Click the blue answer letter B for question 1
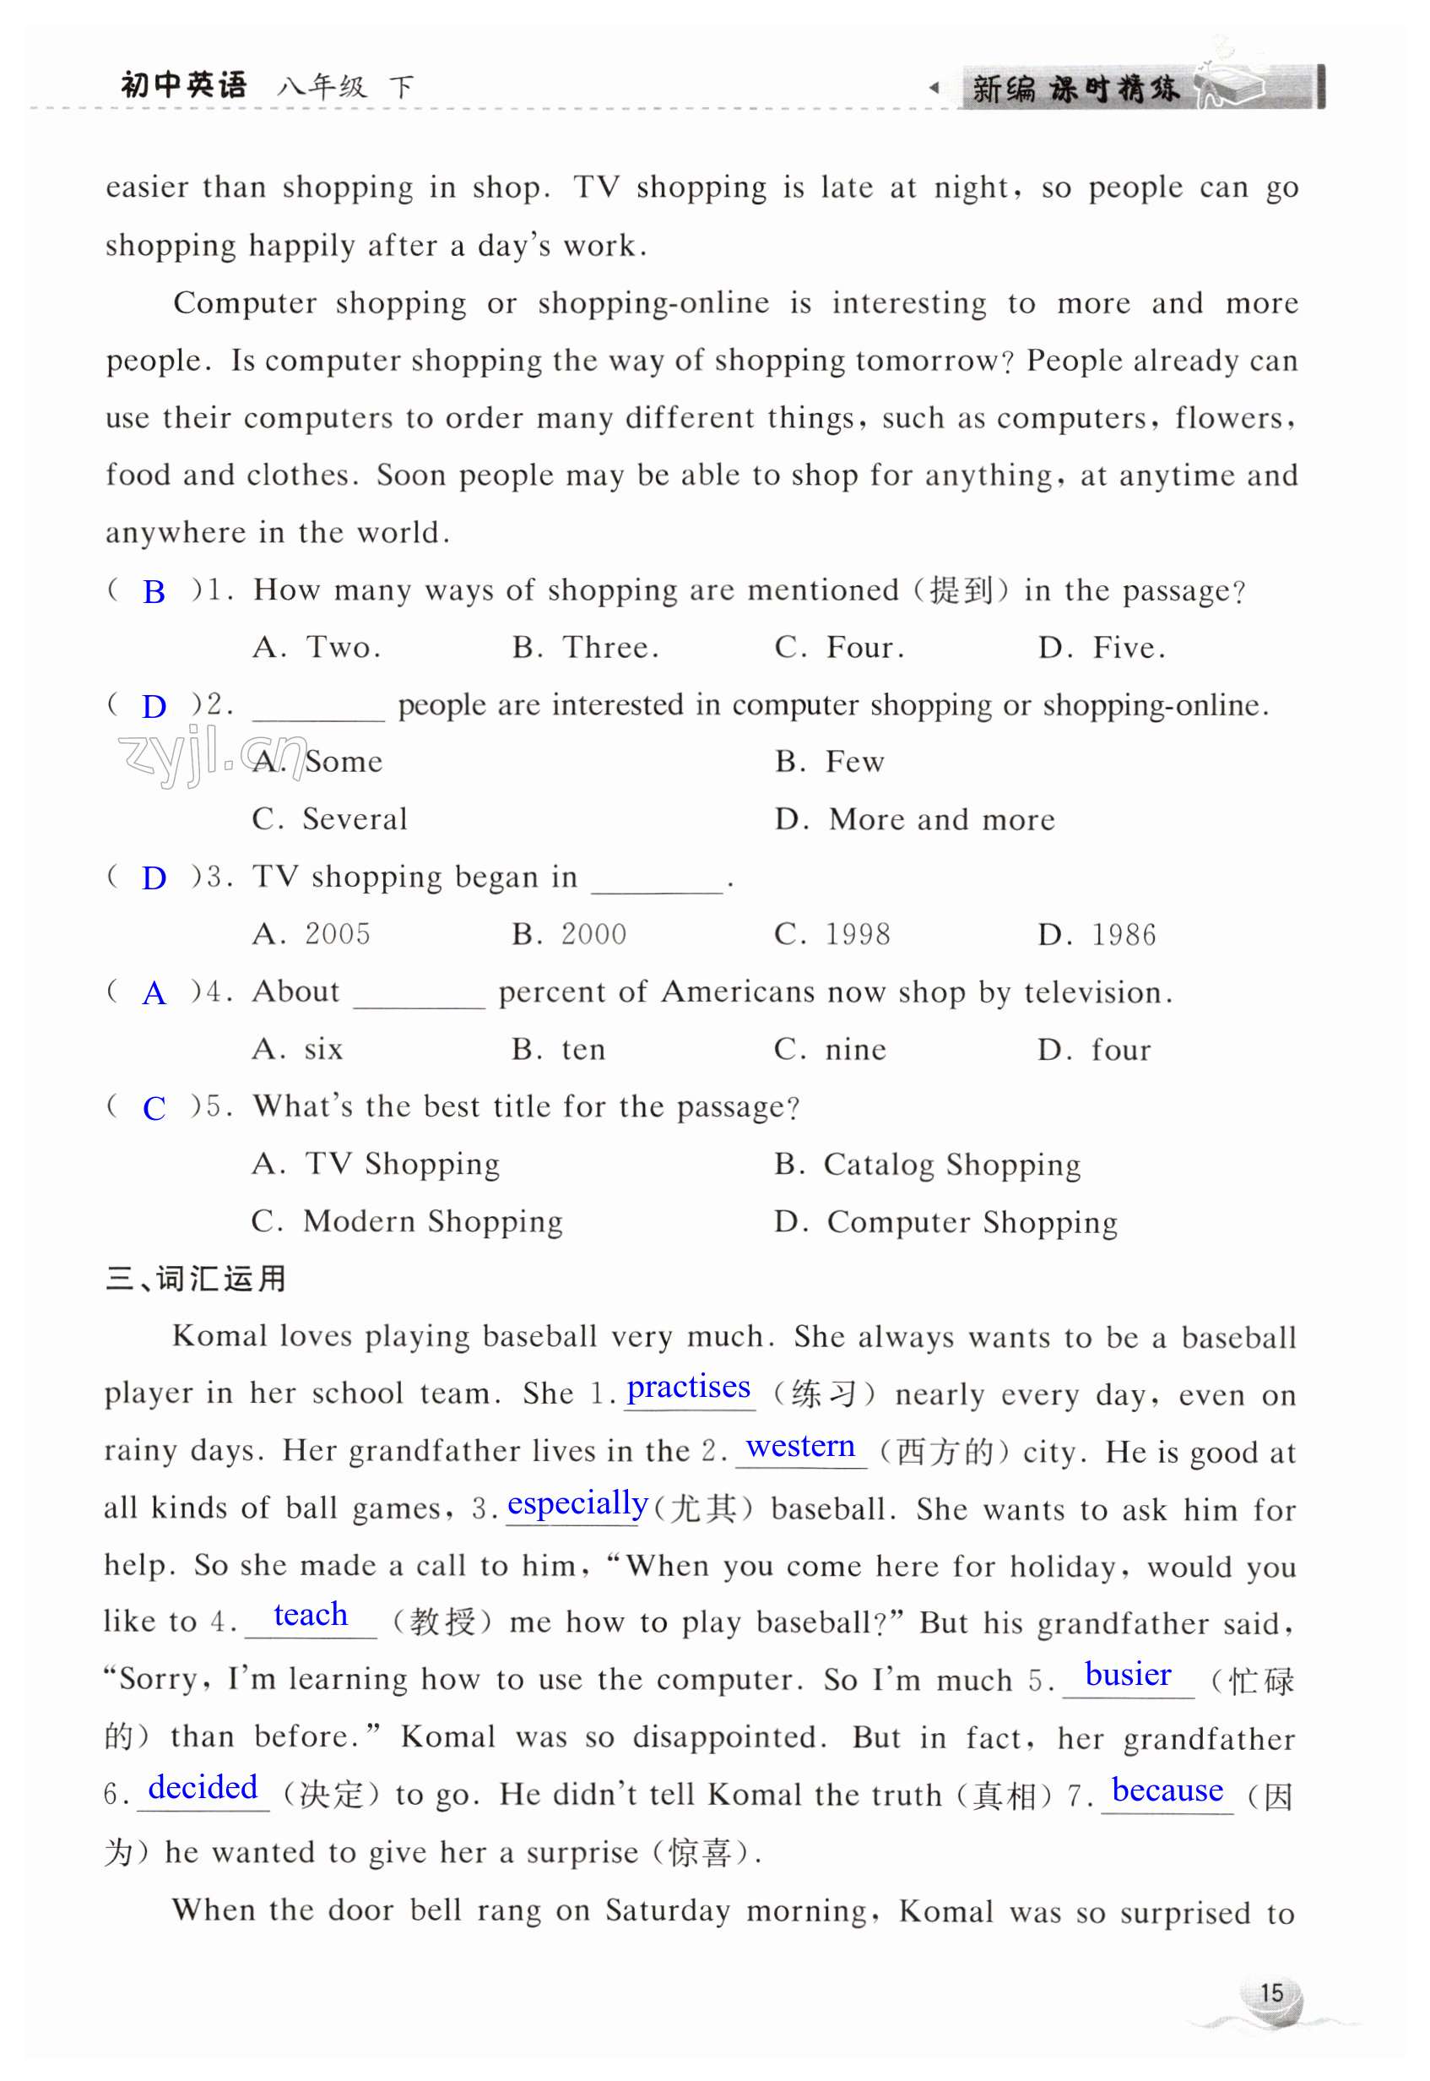click(154, 592)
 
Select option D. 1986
click(1097, 935)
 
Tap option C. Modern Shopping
click(407, 1221)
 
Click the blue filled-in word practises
click(688, 1388)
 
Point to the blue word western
click(800, 1447)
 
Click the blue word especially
click(577, 1504)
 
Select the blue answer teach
click(310, 1615)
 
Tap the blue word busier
click(1127, 1674)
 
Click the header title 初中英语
click(184, 85)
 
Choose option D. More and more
click(915, 819)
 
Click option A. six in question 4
click(297, 1050)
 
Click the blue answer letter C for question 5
click(154, 1109)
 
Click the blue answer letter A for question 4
click(154, 993)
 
